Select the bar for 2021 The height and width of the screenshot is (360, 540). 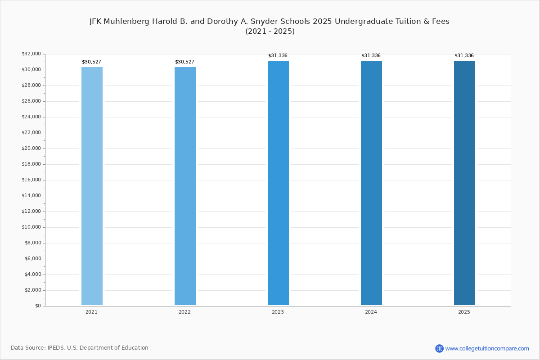click(x=92, y=186)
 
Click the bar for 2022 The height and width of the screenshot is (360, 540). click(x=185, y=186)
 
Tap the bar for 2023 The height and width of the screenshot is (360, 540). click(x=278, y=183)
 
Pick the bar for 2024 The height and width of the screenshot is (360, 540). click(x=371, y=183)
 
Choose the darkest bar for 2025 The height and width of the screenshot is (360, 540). click(x=464, y=183)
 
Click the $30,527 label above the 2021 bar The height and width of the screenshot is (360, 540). click(x=91, y=62)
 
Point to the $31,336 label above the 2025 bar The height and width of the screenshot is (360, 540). click(x=464, y=56)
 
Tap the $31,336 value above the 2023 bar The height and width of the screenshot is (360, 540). click(x=278, y=56)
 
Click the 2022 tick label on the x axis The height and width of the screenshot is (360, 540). click(x=184, y=312)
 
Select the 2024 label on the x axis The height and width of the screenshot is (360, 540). click(x=371, y=312)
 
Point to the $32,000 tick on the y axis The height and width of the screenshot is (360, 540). click(x=31, y=54)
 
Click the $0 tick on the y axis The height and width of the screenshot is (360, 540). click(x=38, y=306)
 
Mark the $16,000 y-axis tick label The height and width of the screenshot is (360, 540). click(x=31, y=180)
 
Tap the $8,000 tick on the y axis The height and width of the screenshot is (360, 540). click(x=33, y=243)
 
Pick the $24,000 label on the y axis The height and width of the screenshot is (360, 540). click(x=31, y=117)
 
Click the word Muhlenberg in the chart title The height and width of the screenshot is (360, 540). click(x=126, y=22)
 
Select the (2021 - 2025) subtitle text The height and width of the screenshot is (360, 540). click(x=270, y=31)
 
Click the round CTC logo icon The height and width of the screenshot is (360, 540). click(x=439, y=348)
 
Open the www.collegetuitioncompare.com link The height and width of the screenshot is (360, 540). click(x=487, y=349)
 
